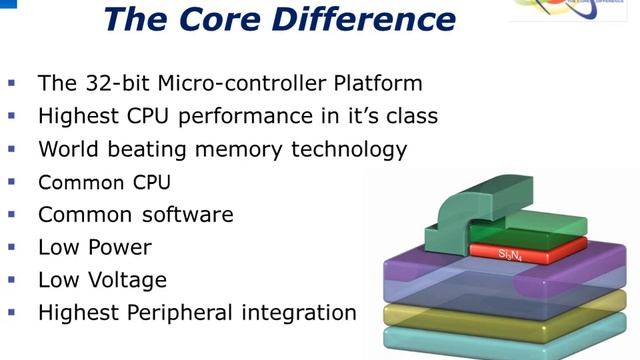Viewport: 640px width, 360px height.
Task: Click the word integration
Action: point(304,312)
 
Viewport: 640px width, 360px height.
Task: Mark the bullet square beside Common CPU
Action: point(12,182)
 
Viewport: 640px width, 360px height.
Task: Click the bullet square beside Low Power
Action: point(12,246)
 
